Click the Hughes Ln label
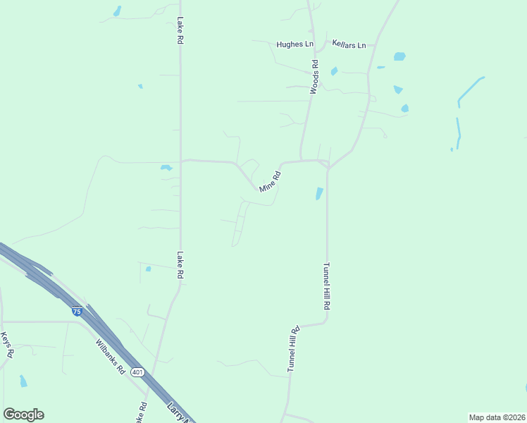click(x=294, y=44)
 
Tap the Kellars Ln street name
click(x=349, y=44)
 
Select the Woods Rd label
click(x=315, y=78)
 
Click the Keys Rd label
click(x=7, y=345)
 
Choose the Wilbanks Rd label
click(x=111, y=357)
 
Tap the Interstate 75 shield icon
click(x=76, y=311)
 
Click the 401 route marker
click(x=137, y=372)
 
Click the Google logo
click(x=23, y=414)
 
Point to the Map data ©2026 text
click(x=496, y=417)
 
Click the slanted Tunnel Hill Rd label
click(x=294, y=348)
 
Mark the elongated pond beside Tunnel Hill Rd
click(x=319, y=192)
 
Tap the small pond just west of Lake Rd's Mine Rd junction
click(x=166, y=168)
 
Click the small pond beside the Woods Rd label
click(x=334, y=70)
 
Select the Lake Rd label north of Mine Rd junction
click(x=180, y=31)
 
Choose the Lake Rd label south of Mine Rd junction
click(x=180, y=265)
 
